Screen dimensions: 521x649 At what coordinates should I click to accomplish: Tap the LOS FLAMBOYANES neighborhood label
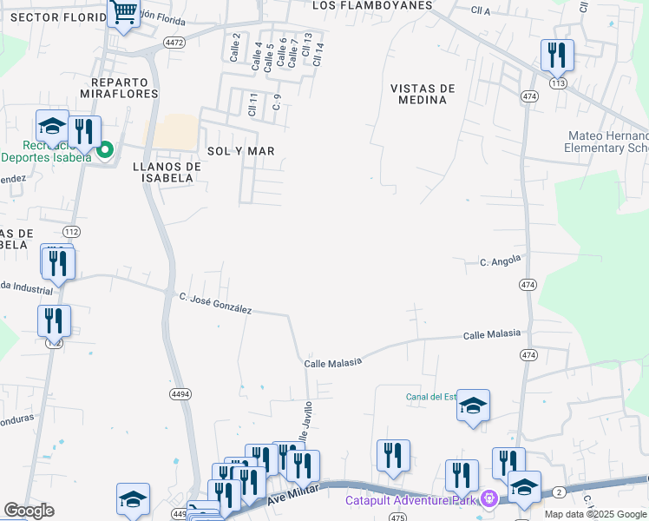(x=372, y=5)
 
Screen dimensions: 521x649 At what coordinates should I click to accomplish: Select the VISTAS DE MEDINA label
(x=423, y=94)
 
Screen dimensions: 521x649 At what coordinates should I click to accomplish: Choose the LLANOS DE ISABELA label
(x=162, y=172)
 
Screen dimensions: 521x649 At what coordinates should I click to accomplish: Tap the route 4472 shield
(x=174, y=42)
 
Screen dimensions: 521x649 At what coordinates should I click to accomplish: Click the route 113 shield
(x=558, y=82)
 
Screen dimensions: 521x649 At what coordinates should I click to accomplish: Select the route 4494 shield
(x=180, y=393)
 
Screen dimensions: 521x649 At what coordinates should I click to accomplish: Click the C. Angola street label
(x=501, y=260)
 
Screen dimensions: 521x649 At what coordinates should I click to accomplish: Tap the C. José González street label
(x=215, y=303)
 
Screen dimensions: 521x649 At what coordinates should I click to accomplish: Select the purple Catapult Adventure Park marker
(x=489, y=499)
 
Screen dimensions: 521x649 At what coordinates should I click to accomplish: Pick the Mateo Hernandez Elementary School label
(x=607, y=142)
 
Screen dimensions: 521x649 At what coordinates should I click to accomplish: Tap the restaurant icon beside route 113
(x=557, y=56)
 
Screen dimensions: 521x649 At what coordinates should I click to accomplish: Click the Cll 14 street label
(x=318, y=54)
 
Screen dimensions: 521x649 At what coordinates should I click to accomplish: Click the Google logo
(x=29, y=511)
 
